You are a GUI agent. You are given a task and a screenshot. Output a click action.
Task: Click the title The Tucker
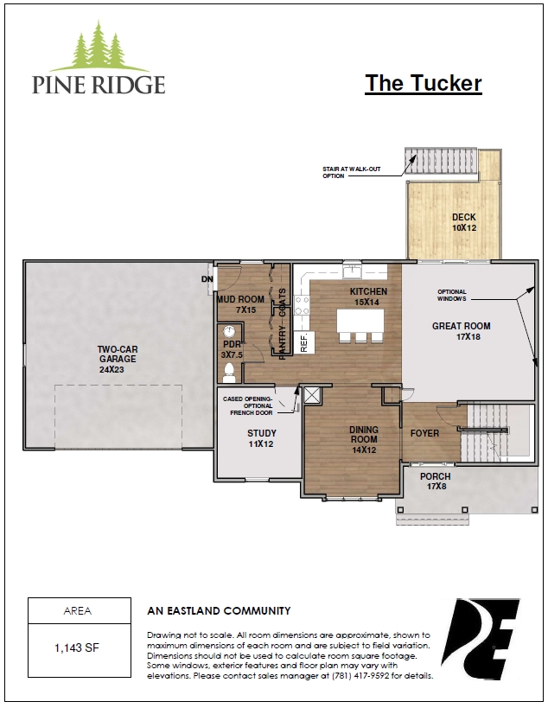click(x=424, y=83)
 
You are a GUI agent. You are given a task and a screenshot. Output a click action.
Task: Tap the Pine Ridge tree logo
click(x=99, y=46)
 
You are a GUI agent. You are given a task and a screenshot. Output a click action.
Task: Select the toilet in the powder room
click(x=229, y=372)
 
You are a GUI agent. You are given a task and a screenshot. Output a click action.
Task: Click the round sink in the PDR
click(x=229, y=331)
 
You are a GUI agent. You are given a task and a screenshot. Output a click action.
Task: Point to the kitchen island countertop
click(x=360, y=321)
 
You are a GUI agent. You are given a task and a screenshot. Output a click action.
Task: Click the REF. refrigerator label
click(x=303, y=342)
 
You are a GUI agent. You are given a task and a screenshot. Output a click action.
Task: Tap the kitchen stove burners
click(x=302, y=305)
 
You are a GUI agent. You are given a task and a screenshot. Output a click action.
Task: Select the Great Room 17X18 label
click(x=462, y=331)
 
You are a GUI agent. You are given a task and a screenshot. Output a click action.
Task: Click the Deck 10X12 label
click(x=464, y=222)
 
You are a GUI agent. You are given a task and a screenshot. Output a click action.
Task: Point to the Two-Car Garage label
click(x=118, y=359)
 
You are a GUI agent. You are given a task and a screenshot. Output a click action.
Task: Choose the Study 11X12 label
click(x=261, y=438)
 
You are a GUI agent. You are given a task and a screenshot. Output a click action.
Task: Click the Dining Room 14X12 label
click(x=364, y=439)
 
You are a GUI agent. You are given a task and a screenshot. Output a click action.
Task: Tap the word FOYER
click(x=424, y=433)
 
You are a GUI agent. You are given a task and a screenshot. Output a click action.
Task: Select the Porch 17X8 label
click(x=435, y=481)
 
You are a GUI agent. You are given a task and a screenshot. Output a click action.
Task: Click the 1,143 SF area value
click(x=77, y=648)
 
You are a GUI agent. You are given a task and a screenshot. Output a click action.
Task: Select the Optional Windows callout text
click(x=452, y=296)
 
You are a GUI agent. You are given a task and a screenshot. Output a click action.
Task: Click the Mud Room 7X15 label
click(x=240, y=304)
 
